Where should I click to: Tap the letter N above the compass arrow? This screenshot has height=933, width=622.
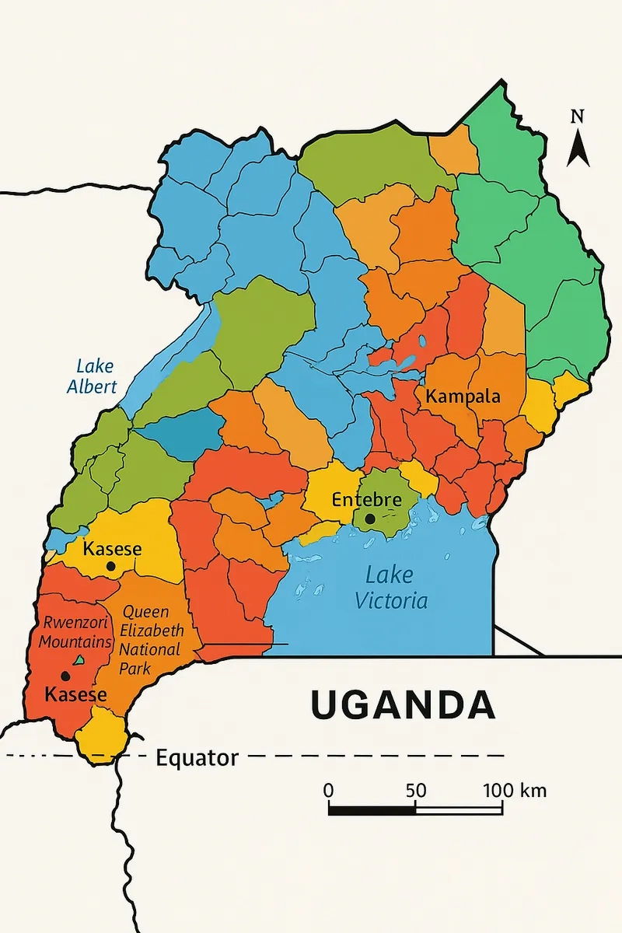(577, 117)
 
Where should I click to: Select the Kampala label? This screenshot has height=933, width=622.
(463, 397)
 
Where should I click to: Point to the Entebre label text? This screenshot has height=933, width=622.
(366, 500)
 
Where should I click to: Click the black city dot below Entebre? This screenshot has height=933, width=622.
(370, 519)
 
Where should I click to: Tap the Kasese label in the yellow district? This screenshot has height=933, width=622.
(113, 549)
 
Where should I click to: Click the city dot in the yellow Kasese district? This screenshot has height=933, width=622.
(111, 567)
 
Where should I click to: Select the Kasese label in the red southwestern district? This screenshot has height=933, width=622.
(75, 694)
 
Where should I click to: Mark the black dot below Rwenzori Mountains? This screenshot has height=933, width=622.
(65, 676)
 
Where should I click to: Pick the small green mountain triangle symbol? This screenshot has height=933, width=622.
(79, 660)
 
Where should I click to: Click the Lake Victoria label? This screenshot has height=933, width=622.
(391, 588)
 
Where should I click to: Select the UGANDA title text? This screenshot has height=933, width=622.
(403, 704)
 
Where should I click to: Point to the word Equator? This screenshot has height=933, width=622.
(197, 757)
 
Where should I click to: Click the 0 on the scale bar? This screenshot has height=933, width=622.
(328, 791)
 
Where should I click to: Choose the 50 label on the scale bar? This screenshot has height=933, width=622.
(415, 791)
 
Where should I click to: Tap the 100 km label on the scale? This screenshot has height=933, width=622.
(515, 791)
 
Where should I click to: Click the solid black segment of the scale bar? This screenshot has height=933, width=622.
(372, 810)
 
